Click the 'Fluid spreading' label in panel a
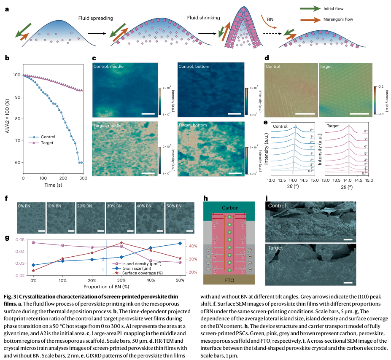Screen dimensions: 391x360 pyautogui.click(x=95, y=18)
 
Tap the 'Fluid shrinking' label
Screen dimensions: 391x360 pyautogui.click(x=203, y=18)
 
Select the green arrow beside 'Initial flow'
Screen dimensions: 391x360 pyautogui.click(x=310, y=9)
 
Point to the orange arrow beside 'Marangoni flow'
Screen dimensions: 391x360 pyautogui.click(x=310, y=20)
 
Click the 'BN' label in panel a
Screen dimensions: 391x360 pyautogui.click(x=270, y=19)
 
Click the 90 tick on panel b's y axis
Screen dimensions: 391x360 pyautogui.click(x=17, y=97)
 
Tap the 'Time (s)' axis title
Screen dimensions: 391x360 pyautogui.click(x=53, y=185)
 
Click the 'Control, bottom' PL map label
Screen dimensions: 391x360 pyautogui.click(x=194, y=67)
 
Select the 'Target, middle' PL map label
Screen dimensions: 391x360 pyautogui.click(x=107, y=125)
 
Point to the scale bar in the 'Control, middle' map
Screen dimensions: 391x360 pyautogui.click(x=148, y=114)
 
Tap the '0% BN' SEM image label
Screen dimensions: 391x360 pyautogui.click(x=24, y=206)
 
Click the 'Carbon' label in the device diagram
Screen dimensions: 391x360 pyautogui.click(x=230, y=208)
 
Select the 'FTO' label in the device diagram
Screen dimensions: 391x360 pyautogui.click(x=229, y=280)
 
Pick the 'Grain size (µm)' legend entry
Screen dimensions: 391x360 pyautogui.click(x=136, y=269)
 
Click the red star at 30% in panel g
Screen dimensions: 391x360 pyautogui.click(x=121, y=243)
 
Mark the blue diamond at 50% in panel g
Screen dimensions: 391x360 pyautogui.click(x=180, y=243)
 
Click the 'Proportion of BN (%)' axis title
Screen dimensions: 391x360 pyautogui.click(x=106, y=287)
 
